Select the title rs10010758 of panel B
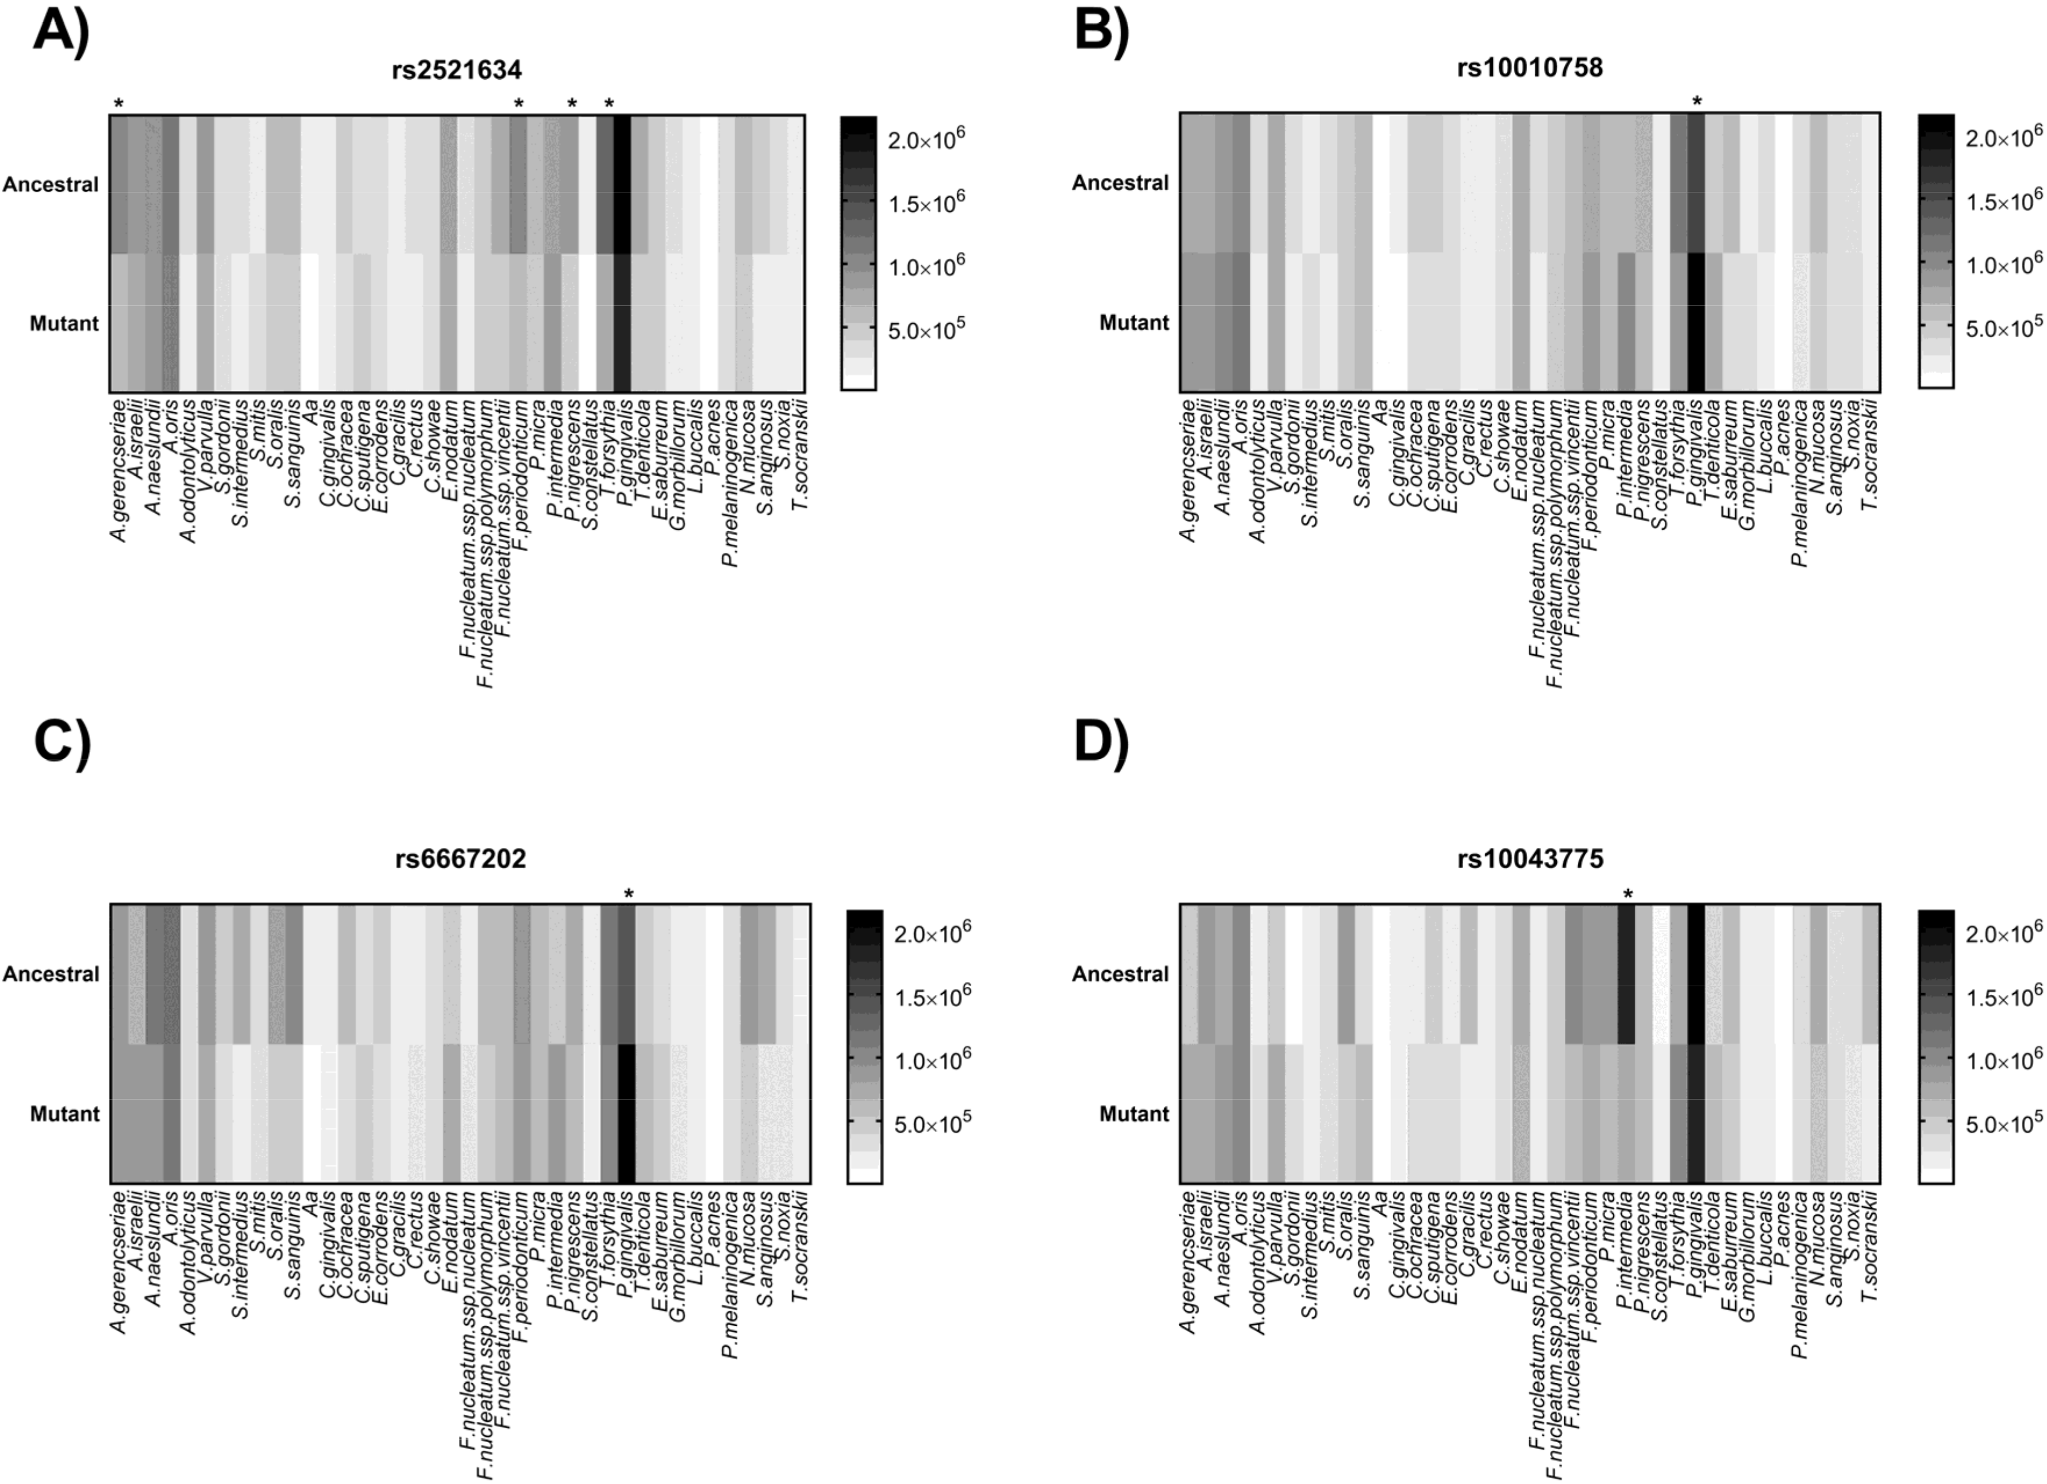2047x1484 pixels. [1530, 67]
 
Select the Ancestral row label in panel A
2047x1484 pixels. [51, 184]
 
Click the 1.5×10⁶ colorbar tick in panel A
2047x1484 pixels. [925, 204]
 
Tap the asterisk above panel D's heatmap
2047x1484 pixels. [1627, 894]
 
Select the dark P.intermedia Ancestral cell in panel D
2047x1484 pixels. [1627, 973]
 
